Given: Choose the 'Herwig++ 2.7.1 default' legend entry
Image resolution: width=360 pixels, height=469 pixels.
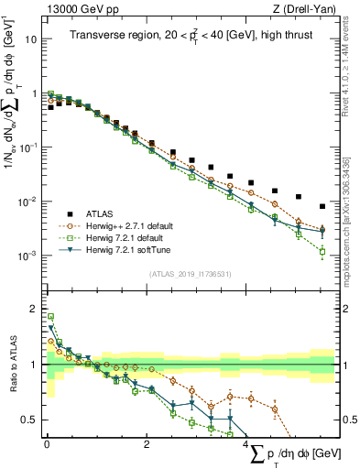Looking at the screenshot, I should pos(132,224).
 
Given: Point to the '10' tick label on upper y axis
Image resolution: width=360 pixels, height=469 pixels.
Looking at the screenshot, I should pos(31,40).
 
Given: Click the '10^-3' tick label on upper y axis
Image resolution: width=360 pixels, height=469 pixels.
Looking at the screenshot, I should pos(29,255).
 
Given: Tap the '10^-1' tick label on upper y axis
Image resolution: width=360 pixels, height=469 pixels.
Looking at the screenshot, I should pos(29,147).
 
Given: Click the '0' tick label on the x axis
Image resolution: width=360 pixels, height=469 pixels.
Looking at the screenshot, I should pos(47,444).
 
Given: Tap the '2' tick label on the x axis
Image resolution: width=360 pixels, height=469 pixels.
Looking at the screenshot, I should pos(147,444).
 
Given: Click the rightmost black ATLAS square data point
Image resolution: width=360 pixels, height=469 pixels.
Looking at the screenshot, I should pos(322,206).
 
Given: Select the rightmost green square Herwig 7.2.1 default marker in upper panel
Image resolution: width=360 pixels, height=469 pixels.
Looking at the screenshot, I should pos(322,249).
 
